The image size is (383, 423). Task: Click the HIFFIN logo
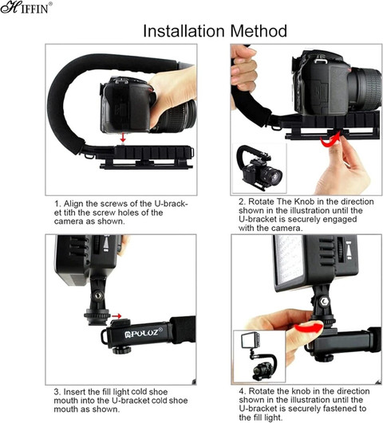[x=26, y=7]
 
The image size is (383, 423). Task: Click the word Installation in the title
[x=184, y=31]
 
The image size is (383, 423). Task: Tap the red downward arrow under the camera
[x=123, y=137]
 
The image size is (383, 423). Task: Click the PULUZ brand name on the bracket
[x=144, y=333]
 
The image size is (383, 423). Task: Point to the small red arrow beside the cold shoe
[x=116, y=316]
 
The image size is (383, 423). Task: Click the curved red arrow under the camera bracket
[x=330, y=141]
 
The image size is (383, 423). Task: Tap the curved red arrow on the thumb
[x=309, y=328]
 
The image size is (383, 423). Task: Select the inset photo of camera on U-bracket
[x=259, y=168]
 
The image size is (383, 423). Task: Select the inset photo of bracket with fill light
[x=259, y=356]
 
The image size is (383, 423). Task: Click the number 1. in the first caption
[x=57, y=203]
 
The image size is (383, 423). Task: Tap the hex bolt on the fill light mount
[x=324, y=302]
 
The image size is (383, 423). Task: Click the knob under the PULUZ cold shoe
[x=121, y=351]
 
